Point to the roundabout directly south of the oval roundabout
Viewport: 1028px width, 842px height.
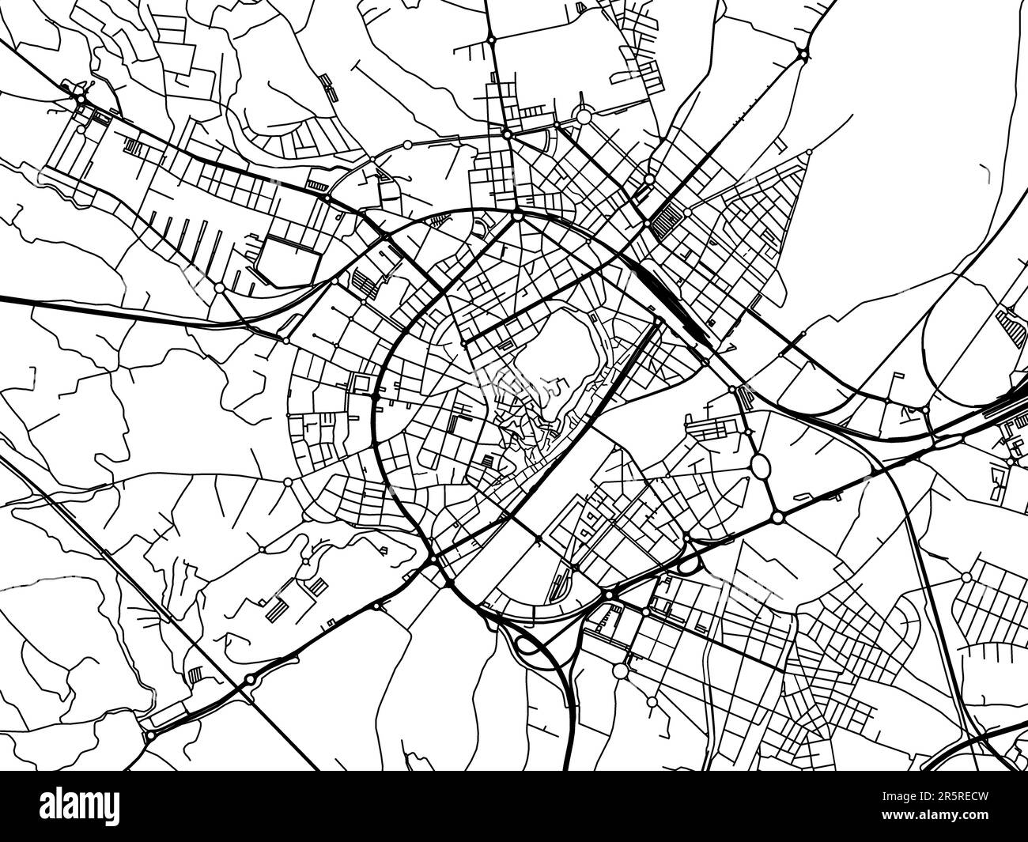[x=777, y=517]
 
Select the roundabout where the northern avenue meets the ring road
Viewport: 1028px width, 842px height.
[x=517, y=215]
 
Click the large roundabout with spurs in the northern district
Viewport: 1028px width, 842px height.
[x=584, y=117]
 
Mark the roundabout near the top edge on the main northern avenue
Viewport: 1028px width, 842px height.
[x=491, y=38]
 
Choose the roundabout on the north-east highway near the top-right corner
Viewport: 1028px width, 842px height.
[x=803, y=55]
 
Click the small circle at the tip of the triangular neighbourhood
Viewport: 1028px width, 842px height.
[x=810, y=150]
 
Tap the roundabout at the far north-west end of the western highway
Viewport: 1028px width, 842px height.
[x=80, y=98]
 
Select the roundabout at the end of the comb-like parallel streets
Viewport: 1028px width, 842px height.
[x=219, y=288]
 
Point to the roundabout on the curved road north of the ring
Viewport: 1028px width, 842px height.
[x=407, y=144]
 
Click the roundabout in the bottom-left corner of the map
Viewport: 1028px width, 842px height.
[x=150, y=736]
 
